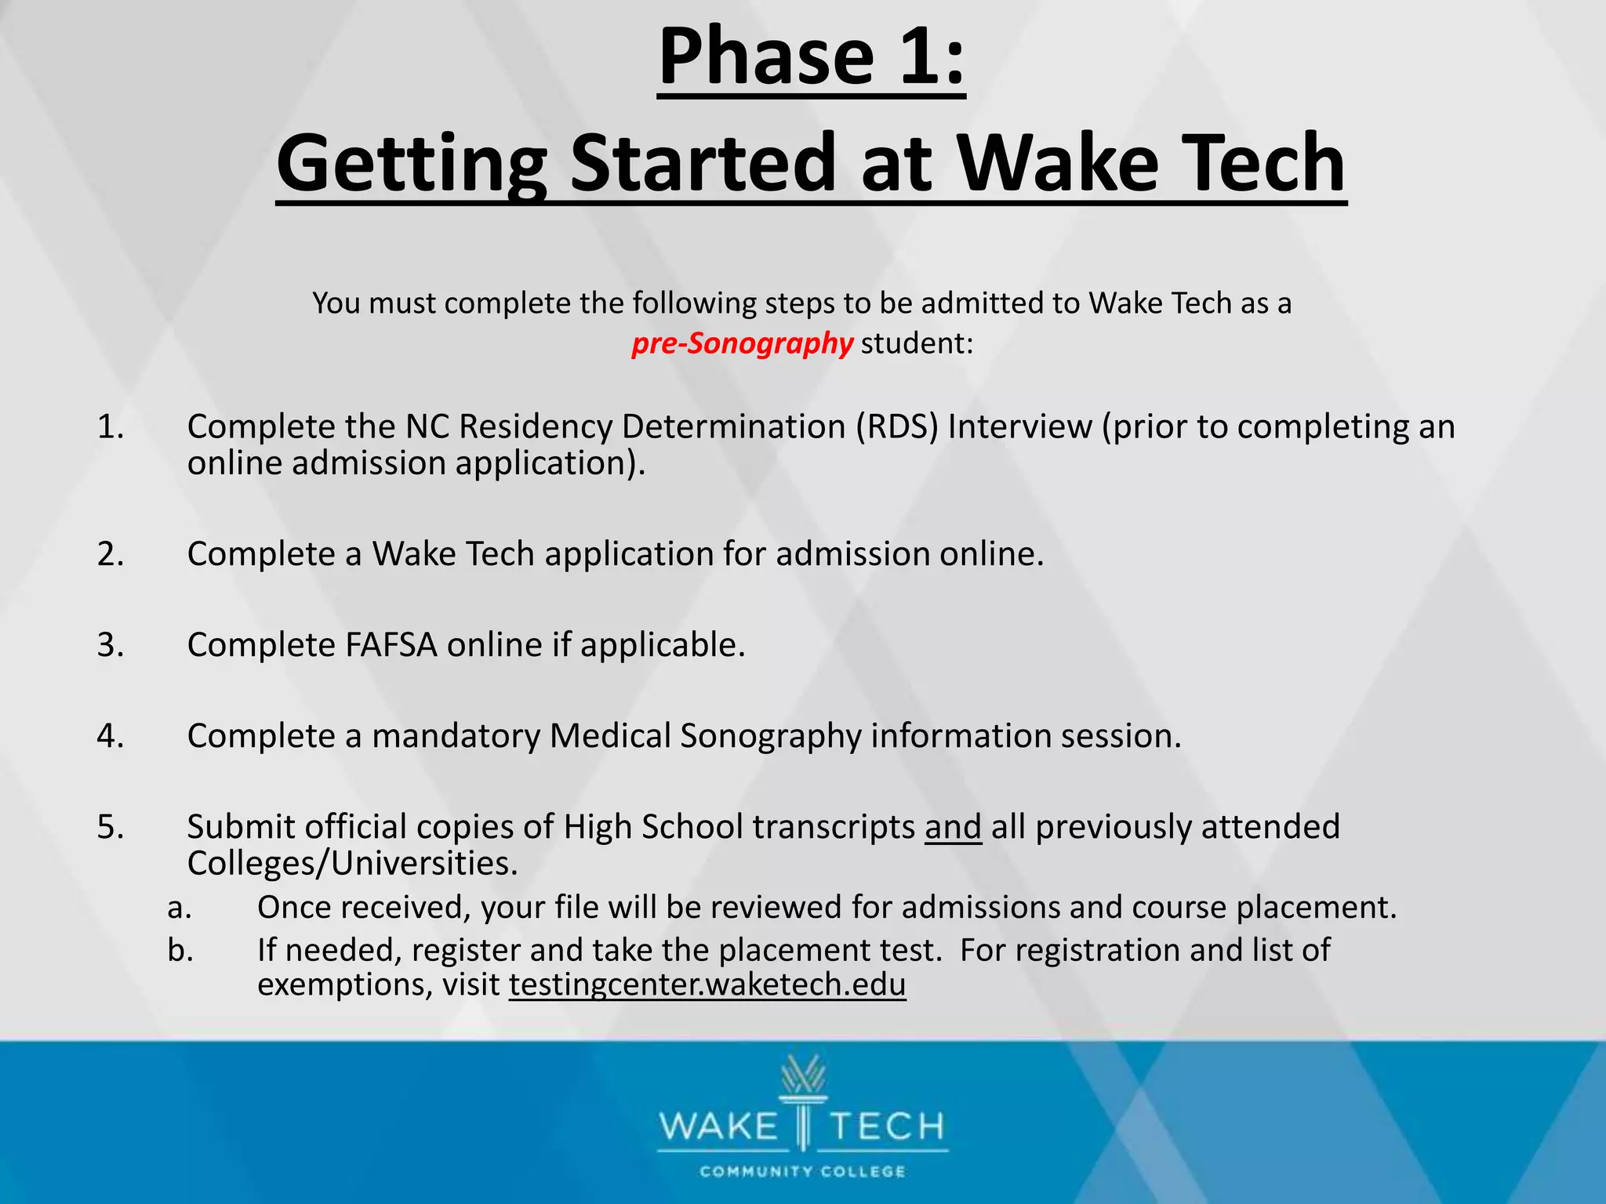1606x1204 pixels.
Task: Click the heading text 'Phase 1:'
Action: coord(811,57)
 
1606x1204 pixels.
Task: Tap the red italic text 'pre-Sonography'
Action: coord(742,343)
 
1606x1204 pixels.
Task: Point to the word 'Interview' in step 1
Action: coord(1019,427)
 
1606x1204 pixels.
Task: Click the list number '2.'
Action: coord(111,554)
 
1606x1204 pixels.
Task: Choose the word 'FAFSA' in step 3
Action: coord(391,645)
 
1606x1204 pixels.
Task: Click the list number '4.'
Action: coord(111,736)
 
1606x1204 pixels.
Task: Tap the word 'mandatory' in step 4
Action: coord(456,736)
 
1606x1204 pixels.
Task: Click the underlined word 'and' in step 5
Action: coord(953,827)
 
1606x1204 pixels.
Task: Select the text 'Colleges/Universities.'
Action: coord(352,863)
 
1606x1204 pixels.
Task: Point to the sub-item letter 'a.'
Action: coord(180,908)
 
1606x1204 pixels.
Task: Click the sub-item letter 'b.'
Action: coord(180,950)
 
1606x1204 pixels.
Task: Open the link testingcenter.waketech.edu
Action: coord(707,985)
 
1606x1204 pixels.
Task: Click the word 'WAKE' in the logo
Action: coord(718,1127)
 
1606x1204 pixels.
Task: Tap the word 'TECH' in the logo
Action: coord(887,1127)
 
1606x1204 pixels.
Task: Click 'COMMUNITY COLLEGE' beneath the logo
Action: coord(802,1172)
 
